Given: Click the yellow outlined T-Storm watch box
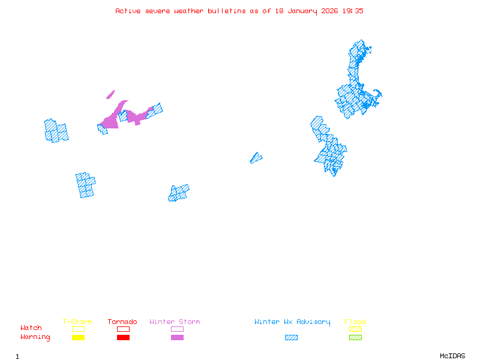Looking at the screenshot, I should pyautogui.click(x=78, y=329).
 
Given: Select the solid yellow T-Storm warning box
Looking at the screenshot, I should pyautogui.click(x=78, y=338).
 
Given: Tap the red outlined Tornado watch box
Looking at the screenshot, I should pyautogui.click(x=123, y=329).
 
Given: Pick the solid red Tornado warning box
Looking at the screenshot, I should pyautogui.click(x=123, y=338).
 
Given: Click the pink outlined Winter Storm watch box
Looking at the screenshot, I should pyautogui.click(x=177, y=329).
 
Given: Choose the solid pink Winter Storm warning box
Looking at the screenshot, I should pyautogui.click(x=177, y=338).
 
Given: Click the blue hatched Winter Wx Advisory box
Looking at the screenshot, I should pyautogui.click(x=291, y=338).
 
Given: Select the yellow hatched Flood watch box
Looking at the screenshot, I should pyautogui.click(x=355, y=329).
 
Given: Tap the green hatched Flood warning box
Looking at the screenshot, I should pyautogui.click(x=355, y=338).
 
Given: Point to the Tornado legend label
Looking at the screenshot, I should pyautogui.click(x=122, y=322).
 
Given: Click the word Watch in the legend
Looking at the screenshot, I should pyautogui.click(x=31, y=328).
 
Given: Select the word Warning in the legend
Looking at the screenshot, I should pyautogui.click(x=35, y=337).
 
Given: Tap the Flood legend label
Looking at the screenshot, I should pyautogui.click(x=355, y=322).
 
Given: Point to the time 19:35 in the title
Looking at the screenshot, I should pyautogui.click(x=353, y=11).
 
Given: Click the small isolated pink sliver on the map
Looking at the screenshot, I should pyautogui.click(x=110, y=94).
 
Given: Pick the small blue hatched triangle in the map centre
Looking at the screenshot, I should pyautogui.click(x=256, y=158).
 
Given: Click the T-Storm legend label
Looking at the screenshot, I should pyautogui.click(x=77, y=322).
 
